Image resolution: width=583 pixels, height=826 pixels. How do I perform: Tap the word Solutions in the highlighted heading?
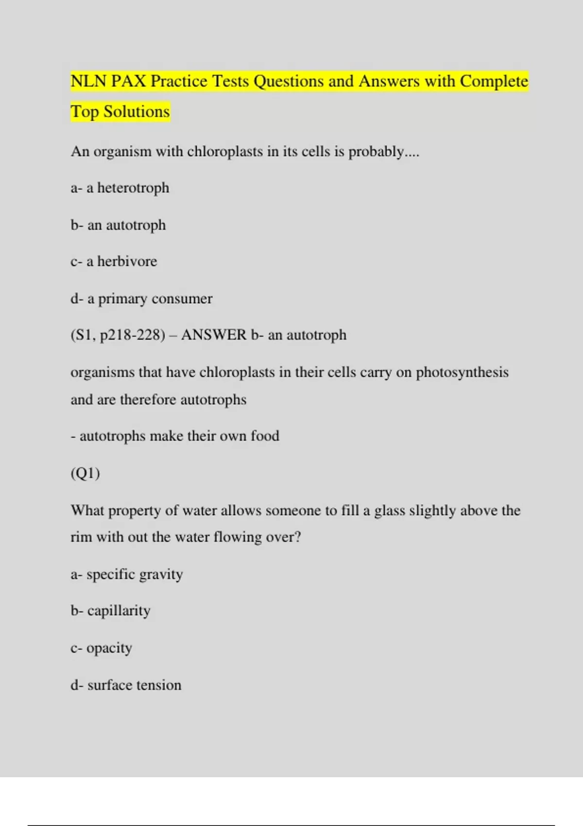click(137, 112)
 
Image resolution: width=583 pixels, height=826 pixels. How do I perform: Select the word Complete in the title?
click(494, 81)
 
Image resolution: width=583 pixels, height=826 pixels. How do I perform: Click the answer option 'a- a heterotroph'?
click(120, 188)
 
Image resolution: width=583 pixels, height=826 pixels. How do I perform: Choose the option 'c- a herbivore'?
click(114, 261)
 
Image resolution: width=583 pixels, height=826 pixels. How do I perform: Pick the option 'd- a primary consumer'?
click(141, 299)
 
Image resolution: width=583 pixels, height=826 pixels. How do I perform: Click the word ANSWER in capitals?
click(214, 335)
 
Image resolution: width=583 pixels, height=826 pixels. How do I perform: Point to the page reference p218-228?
click(132, 335)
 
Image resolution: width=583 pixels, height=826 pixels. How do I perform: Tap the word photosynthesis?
click(462, 373)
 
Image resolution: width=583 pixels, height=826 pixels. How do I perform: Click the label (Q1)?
click(86, 473)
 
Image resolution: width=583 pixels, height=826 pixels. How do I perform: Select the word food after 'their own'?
click(265, 436)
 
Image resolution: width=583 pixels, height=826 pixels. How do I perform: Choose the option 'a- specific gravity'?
click(127, 575)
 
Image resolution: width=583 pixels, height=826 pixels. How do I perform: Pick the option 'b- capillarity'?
click(111, 611)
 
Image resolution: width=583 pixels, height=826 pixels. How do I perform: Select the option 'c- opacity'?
click(102, 648)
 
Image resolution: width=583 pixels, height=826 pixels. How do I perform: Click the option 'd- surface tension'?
click(126, 685)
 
